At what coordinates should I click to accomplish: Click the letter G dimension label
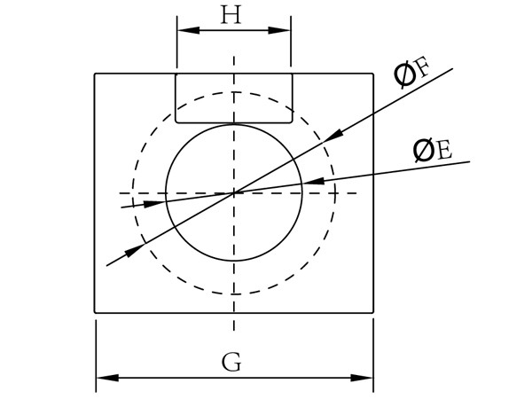tap(231, 362)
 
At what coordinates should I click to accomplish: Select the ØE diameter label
tap(433, 151)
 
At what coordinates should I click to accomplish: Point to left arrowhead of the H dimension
tap(185, 31)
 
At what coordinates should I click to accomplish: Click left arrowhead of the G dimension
tap(105, 379)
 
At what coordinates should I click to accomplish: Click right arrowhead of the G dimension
tap(364, 379)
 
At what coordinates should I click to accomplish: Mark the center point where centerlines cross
tap(234, 192)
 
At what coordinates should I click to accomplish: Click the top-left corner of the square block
tap(95, 74)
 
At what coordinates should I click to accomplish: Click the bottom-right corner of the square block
tap(373, 312)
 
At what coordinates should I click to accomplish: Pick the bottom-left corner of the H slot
tap(176, 121)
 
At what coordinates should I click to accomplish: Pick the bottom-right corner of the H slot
tap(292, 121)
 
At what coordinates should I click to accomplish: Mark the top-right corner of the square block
tap(373, 74)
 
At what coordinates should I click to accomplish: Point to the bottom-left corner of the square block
tap(95, 312)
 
